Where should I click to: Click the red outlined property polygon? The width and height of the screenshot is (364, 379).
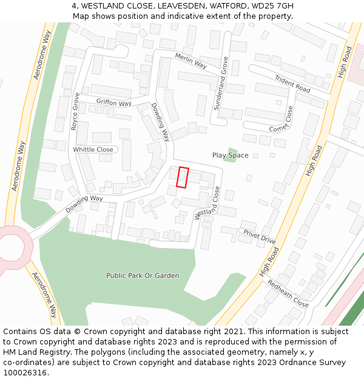pyautogui.click(x=183, y=177)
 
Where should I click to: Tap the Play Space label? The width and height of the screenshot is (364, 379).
pyautogui.click(x=230, y=155)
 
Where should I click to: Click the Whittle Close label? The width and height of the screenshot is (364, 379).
pyautogui.click(x=93, y=149)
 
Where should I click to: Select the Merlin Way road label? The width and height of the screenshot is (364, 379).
pyautogui.click(x=190, y=61)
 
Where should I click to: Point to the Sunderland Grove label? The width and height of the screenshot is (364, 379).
pyautogui.click(x=220, y=83)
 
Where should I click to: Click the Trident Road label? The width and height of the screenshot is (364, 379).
pyautogui.click(x=292, y=84)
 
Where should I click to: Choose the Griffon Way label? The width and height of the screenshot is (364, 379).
pyautogui.click(x=113, y=102)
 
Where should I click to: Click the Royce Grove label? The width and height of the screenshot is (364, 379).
pyautogui.click(x=75, y=112)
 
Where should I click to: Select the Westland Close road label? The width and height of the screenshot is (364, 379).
pyautogui.click(x=207, y=203)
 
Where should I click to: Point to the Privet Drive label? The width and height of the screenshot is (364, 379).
pyautogui.click(x=259, y=236)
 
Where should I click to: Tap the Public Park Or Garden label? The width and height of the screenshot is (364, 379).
pyautogui.click(x=143, y=276)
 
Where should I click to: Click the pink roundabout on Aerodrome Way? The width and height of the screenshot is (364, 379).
pyautogui.click(x=12, y=248)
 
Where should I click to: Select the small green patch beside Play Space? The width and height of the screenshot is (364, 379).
pyautogui.click(x=231, y=155)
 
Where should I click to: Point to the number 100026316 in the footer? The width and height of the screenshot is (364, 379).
pyautogui.click(x=24, y=372)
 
